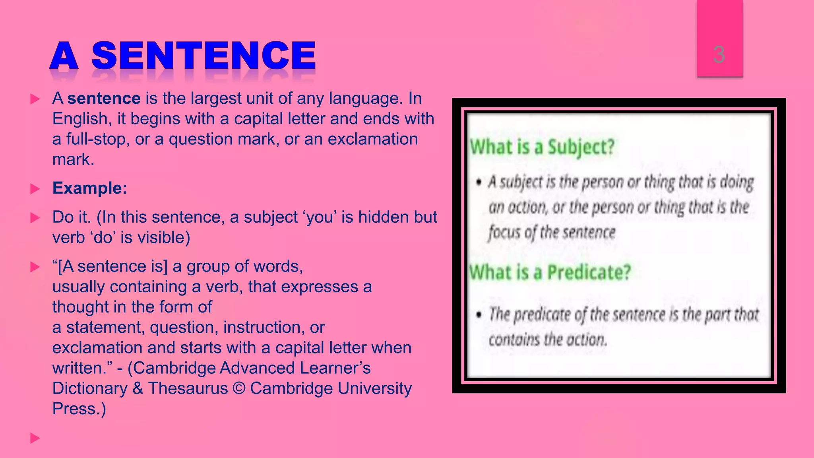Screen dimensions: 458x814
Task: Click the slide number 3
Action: tap(719, 55)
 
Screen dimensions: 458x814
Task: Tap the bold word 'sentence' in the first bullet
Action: tap(104, 98)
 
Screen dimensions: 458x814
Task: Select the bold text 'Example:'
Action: tap(89, 188)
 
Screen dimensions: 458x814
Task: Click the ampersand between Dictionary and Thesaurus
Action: tap(138, 388)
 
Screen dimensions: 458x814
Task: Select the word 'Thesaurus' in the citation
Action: tap(188, 388)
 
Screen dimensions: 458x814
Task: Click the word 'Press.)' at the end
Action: tap(79, 409)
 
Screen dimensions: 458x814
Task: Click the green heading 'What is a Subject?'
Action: tap(542, 147)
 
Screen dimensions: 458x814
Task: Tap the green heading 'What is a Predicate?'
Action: tap(550, 273)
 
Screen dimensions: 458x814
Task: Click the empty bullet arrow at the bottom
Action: tap(35, 439)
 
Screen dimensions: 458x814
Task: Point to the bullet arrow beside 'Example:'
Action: tap(35, 189)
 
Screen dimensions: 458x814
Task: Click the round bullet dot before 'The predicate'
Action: tap(479, 315)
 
